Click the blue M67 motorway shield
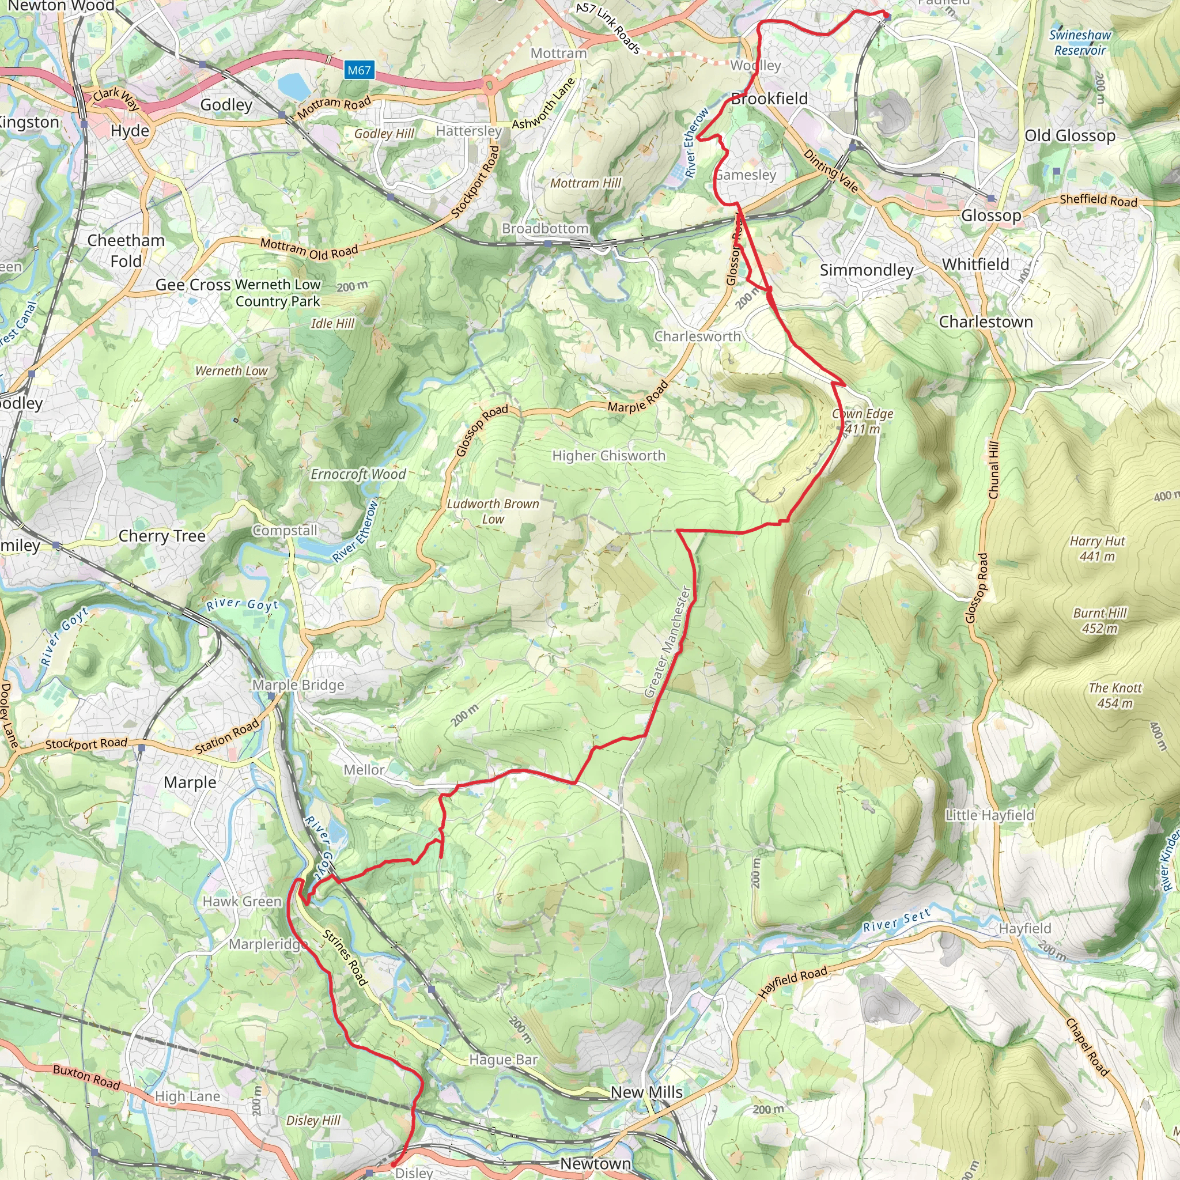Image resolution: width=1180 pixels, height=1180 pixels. point(358,70)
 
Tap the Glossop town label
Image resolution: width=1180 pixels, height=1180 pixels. point(990,215)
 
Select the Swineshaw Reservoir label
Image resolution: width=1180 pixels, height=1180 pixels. point(1080,43)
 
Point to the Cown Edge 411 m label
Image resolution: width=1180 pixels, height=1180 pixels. point(863,421)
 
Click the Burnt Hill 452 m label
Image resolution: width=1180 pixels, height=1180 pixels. point(1099,621)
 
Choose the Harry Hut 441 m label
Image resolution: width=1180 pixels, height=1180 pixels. point(1097,549)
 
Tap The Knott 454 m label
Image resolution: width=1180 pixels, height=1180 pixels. point(1115,695)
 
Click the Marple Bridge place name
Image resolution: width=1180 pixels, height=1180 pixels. point(298,685)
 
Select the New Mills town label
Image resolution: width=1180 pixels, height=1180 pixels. point(646,1092)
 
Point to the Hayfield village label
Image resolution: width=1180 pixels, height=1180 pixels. point(1025,928)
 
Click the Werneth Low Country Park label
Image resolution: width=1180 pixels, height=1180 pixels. point(278,293)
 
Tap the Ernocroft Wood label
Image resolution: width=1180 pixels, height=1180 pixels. point(358,475)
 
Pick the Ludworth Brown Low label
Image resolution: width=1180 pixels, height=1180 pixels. point(493,511)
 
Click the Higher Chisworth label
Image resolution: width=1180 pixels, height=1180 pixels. point(608,456)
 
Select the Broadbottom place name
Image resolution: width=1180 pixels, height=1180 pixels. point(545,228)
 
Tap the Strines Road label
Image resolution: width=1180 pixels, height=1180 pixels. point(345,958)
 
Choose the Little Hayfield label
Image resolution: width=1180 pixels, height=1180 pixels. point(989,815)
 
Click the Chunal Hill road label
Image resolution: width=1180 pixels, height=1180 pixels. point(993,470)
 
